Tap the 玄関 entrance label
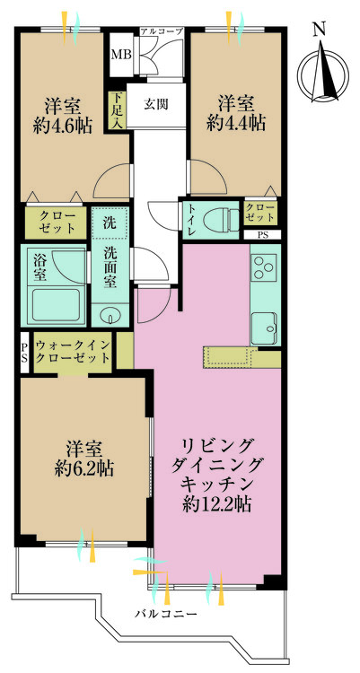coord(158,102)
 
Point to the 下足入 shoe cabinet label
coord(116,112)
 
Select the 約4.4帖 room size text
coord(236,121)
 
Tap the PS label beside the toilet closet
coord(262,235)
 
